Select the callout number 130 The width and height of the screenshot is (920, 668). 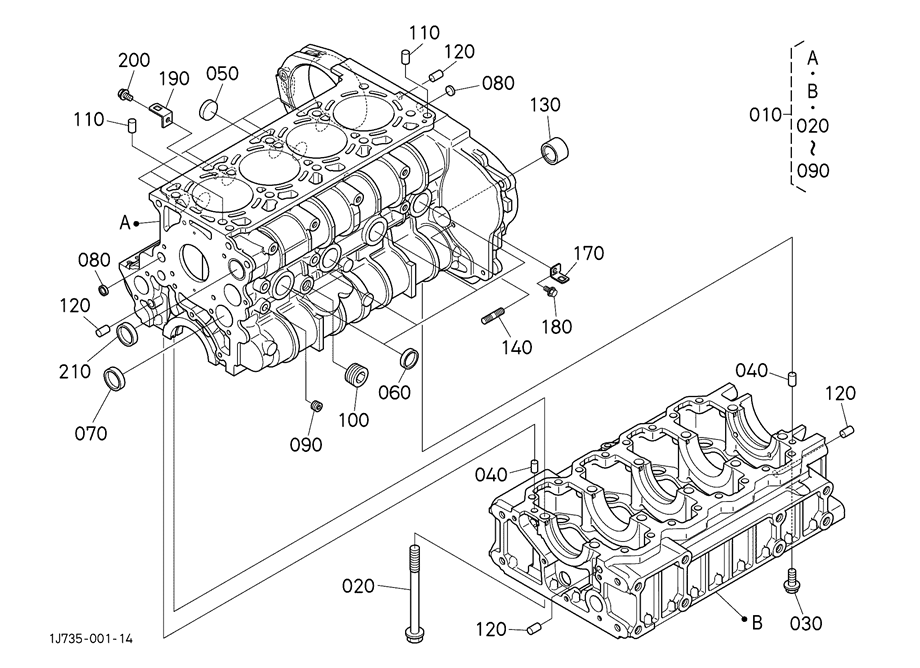tap(546, 105)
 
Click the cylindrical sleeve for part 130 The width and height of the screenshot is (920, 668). tap(555, 151)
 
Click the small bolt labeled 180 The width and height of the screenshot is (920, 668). tap(550, 290)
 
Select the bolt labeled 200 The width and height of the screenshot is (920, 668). tap(124, 94)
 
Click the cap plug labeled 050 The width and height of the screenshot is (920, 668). tap(208, 108)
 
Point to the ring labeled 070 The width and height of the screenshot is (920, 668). tap(115, 378)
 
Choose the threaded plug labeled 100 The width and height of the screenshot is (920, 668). tap(356, 374)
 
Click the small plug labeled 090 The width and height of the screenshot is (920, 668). tap(316, 406)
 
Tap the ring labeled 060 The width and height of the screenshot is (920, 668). tap(409, 357)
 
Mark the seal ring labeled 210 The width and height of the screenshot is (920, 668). tap(128, 333)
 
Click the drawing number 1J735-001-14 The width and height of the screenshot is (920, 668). tap(92, 638)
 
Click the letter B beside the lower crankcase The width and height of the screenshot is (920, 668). tap(757, 622)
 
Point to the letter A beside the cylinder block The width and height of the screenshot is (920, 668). tap(124, 223)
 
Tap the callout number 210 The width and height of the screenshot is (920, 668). tap(75, 371)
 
